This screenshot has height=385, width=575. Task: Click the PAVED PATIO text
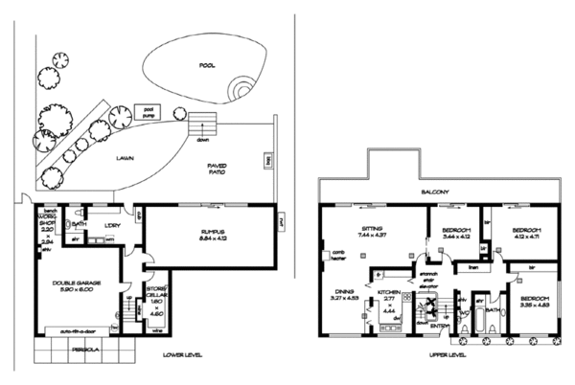click(x=223, y=170)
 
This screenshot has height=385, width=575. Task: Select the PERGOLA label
click(x=70, y=351)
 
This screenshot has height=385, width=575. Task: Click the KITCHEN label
click(x=388, y=291)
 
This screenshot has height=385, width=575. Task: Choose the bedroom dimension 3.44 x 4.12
click(x=457, y=236)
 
